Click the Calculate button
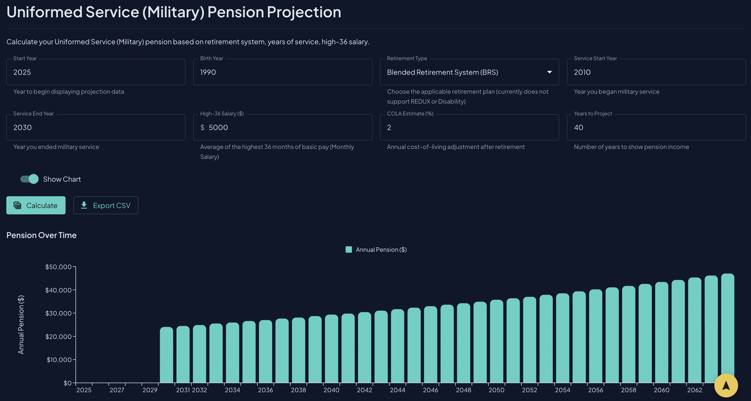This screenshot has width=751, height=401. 36,205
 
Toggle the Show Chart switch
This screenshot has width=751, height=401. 29,179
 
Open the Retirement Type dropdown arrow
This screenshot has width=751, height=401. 549,72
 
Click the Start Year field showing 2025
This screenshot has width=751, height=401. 96,72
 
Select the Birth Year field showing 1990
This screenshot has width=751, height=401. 282,72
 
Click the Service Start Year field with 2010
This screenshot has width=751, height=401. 656,72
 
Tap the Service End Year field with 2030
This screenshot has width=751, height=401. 96,128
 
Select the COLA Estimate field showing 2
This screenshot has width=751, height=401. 469,128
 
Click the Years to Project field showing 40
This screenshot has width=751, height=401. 656,128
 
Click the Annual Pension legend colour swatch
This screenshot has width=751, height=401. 349,250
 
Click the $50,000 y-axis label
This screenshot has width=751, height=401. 58,267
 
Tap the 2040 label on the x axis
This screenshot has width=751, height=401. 332,390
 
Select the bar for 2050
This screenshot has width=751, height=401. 497,342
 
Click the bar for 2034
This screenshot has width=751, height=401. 232,353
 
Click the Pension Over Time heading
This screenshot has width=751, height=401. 41,235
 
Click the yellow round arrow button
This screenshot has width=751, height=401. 726,385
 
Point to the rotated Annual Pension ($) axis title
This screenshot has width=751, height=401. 21,325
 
